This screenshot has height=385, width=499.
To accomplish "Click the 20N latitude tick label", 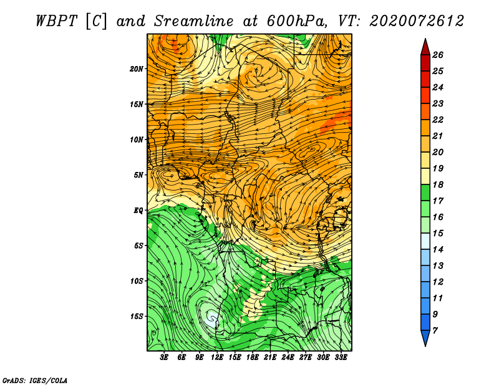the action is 136,69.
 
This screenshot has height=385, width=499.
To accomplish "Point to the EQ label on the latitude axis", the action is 138,211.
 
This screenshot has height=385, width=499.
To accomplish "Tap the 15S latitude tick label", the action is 136,316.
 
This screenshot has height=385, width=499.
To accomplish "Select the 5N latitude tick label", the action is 138,175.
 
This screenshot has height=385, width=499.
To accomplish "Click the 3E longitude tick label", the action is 164,358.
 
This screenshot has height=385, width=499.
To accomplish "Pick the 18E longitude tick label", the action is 253,358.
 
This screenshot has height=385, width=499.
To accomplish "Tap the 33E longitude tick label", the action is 341,358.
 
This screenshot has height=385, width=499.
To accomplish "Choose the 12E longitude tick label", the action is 217,358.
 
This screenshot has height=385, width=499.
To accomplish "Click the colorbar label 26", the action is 438,55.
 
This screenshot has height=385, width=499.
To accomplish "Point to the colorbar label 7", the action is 435,331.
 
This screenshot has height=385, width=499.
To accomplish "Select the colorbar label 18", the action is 438,184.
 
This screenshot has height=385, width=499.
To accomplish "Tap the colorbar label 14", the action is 438,250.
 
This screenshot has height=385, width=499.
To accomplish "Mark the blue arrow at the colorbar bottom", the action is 425,338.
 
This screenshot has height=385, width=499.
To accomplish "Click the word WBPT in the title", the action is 57,21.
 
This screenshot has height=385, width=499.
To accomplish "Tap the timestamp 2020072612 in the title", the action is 417,21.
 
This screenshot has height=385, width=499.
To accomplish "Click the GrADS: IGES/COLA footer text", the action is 35,381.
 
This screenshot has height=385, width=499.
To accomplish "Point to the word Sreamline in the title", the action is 194,21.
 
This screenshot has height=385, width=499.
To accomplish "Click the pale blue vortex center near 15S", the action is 211,318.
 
